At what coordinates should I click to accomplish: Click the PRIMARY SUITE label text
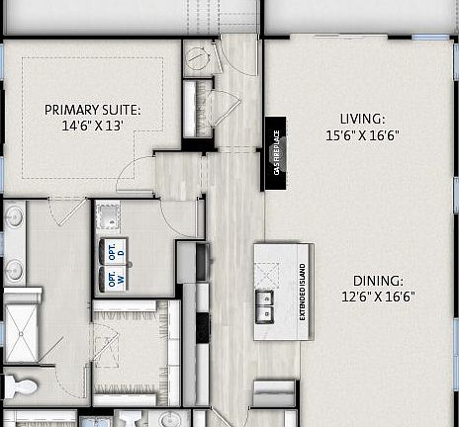pyautogui.click(x=92, y=110)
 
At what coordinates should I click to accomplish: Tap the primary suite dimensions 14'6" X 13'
pyautogui.click(x=92, y=127)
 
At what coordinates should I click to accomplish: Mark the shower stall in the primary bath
pyautogui.click(x=21, y=326)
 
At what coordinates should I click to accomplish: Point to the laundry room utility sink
pyautogui.click(x=108, y=215)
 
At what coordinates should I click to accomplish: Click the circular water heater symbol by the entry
pyautogui.click(x=198, y=59)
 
